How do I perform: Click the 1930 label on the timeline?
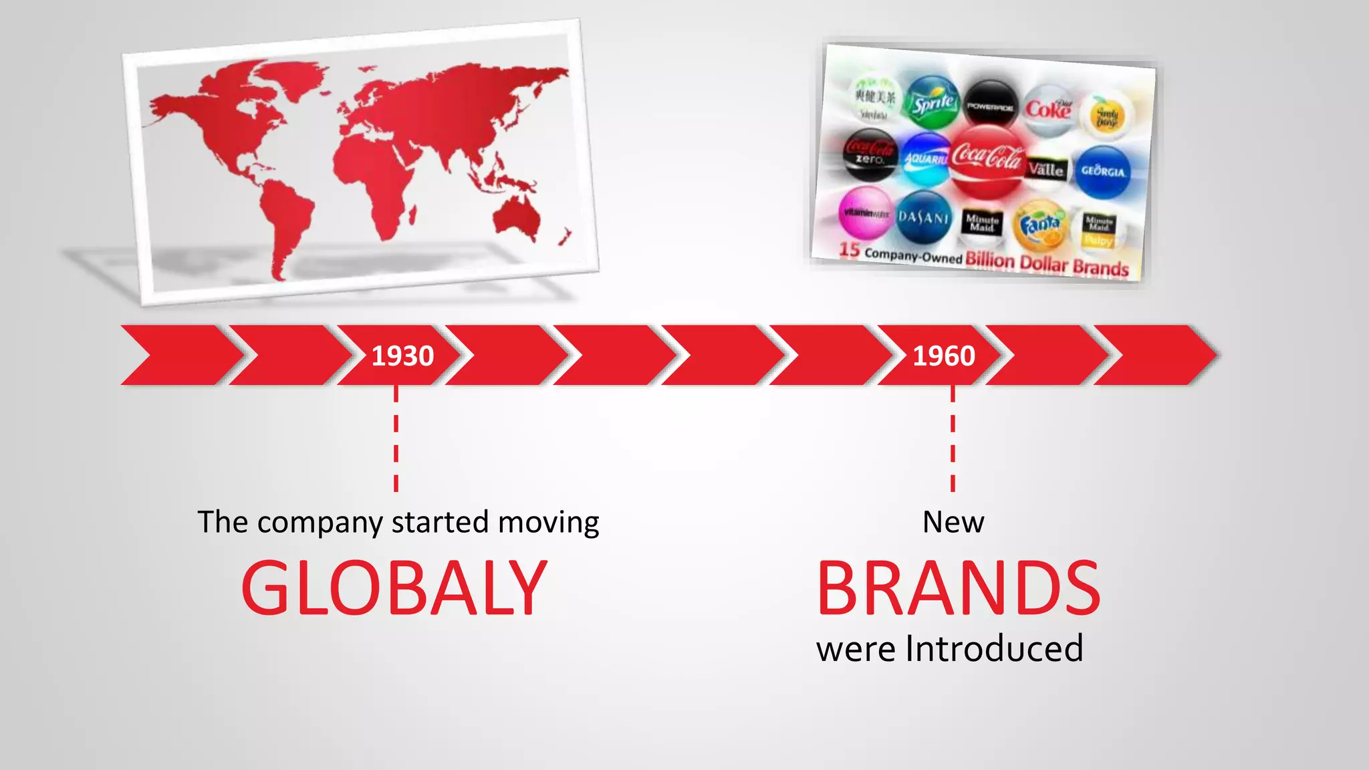coord(402,356)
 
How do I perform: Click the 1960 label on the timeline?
coord(944,356)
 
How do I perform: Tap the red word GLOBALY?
coord(394,588)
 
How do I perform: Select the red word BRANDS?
coord(958,588)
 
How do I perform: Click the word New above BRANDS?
coord(953,522)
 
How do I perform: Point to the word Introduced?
coord(994,648)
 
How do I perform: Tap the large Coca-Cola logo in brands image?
coord(987,159)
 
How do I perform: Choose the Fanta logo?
coord(1040,226)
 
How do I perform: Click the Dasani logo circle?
coord(923,217)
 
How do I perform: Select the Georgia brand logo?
coord(1103,171)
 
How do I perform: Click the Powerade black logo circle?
coord(991,106)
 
